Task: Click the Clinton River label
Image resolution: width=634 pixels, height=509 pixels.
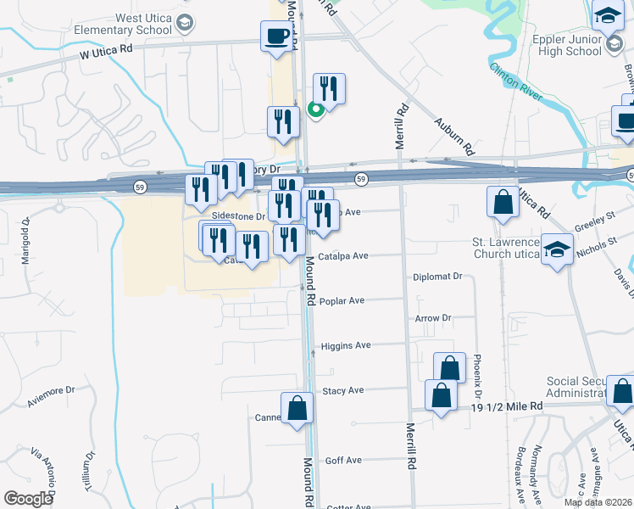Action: click(516, 81)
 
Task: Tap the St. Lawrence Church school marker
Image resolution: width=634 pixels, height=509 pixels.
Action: click(557, 249)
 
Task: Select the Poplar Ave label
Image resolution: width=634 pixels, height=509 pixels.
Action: click(342, 300)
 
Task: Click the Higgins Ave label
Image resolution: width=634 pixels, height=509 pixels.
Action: click(346, 345)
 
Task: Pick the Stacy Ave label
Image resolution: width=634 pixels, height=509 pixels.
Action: click(343, 391)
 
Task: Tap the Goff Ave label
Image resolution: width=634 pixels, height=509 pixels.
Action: click(343, 460)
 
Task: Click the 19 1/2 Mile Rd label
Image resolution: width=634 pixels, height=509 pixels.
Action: click(507, 407)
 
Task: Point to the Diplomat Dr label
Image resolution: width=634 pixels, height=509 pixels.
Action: click(437, 277)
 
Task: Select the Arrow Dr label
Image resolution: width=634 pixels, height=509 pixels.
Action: click(433, 318)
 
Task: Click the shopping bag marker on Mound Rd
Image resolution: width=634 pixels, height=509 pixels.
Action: click(298, 407)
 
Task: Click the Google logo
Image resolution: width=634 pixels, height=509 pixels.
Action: click(28, 499)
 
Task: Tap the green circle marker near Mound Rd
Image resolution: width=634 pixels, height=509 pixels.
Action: click(314, 109)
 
